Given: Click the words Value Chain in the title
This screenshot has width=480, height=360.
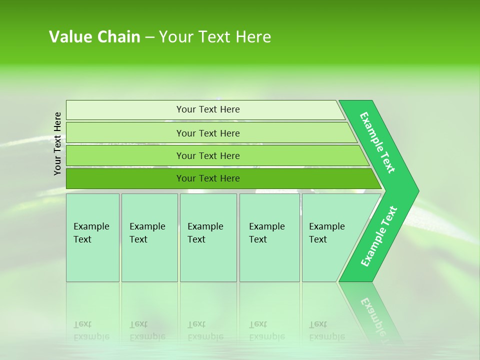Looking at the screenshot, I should coord(94,37).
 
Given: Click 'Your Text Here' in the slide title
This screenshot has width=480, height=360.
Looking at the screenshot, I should coord(215,37).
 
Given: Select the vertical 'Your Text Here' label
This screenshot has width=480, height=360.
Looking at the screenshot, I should coord(58,143).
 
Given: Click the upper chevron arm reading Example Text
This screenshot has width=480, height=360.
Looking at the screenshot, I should coord(378,143).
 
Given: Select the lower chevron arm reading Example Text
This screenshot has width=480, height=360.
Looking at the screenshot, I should coord(379,236).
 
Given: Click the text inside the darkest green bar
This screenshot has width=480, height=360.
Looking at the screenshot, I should coord(208,178).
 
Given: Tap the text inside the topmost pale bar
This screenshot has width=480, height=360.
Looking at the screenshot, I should coord(208,109).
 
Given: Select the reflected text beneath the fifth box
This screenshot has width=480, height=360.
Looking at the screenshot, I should coord(326,330).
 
